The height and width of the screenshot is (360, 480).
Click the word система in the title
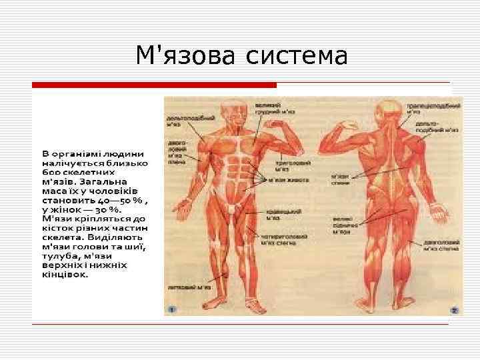pos(296,55)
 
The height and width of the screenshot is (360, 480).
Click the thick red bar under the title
pos(154,85)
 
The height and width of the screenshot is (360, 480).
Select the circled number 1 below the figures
pos(171,309)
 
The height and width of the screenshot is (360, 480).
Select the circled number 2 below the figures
pos(453,310)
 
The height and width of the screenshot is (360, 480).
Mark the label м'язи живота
pos(287,179)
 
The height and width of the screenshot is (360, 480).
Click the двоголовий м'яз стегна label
pos(439,247)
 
